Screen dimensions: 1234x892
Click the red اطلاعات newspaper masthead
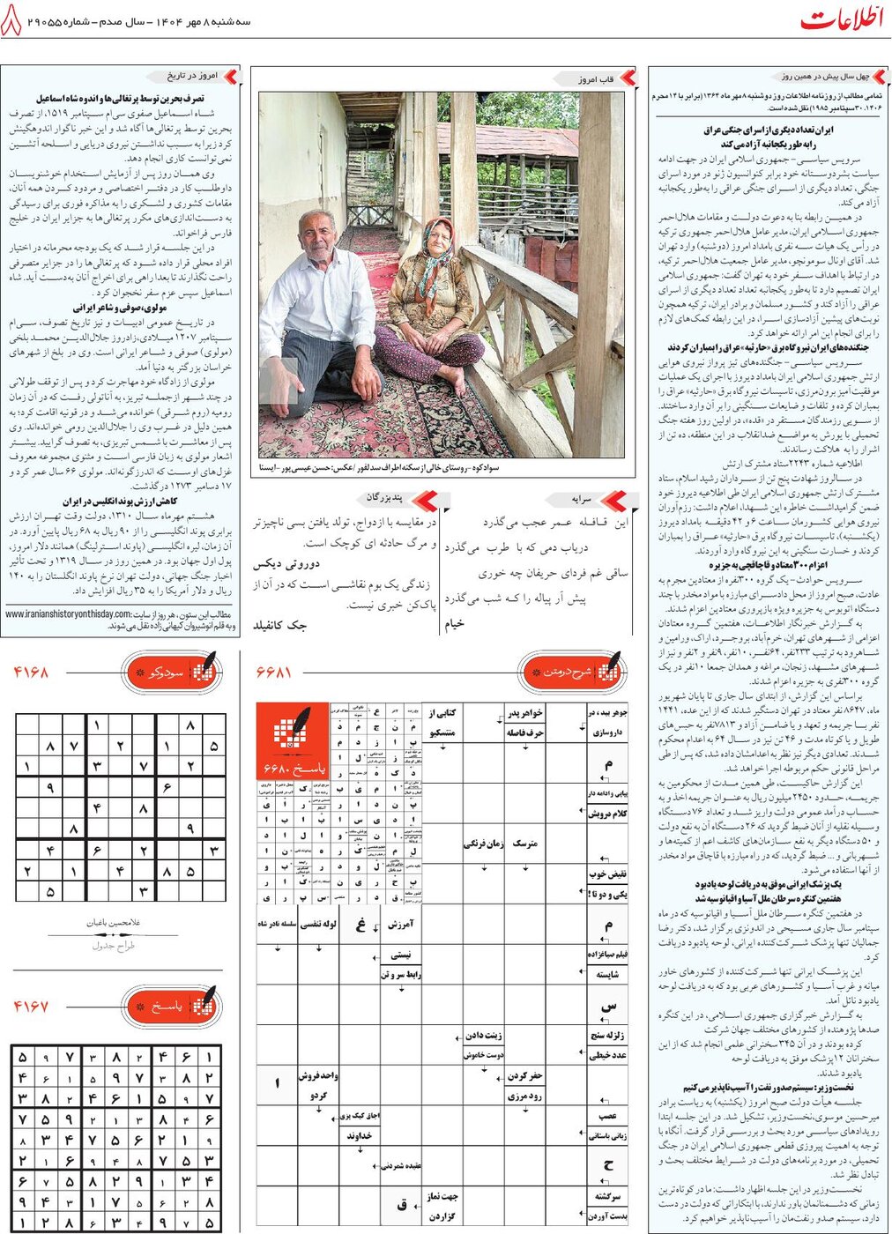(x=841, y=19)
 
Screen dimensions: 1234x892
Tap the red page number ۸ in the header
(x=11, y=22)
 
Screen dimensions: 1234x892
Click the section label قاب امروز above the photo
(x=596, y=79)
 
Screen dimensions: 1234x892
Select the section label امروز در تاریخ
(x=192, y=77)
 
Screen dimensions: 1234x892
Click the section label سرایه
(x=582, y=499)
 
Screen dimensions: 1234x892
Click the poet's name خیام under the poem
(x=454, y=623)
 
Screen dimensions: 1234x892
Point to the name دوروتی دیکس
(x=286, y=564)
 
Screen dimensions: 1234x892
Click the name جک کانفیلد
(x=280, y=625)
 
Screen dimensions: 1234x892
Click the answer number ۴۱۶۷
(x=31, y=1006)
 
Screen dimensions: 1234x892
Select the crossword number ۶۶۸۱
(x=274, y=673)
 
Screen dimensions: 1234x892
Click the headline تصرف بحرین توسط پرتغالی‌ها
(x=121, y=100)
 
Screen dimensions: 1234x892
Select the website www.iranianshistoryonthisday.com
(x=69, y=614)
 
